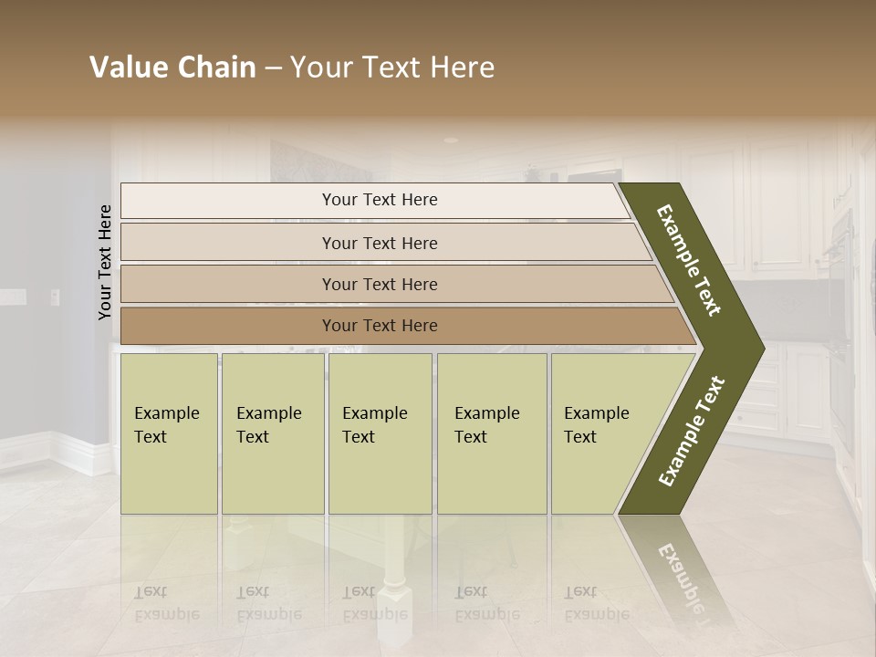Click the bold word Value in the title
pyautogui.click(x=129, y=68)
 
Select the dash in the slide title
pyautogui.click(x=273, y=68)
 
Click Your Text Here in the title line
pyautogui.click(x=392, y=68)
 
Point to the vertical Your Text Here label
pyautogui.click(x=105, y=262)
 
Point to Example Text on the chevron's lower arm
pyautogui.click(x=692, y=432)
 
